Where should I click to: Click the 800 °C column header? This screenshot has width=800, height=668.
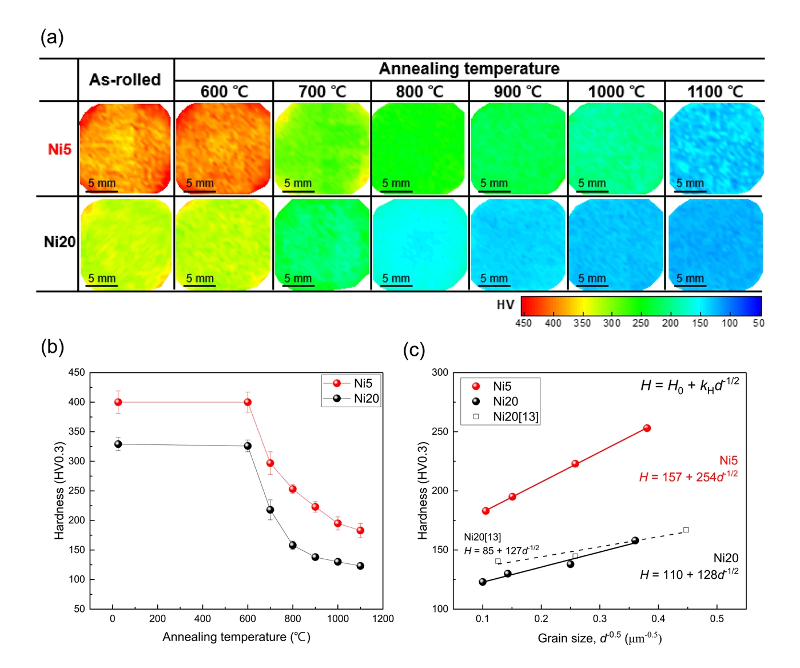click(x=420, y=92)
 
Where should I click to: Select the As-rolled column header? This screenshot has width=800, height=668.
click(x=125, y=79)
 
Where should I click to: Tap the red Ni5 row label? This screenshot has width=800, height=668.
click(x=59, y=149)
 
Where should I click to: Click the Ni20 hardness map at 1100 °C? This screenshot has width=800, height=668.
click(x=715, y=244)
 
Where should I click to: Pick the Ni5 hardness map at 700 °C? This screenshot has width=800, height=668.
click(x=322, y=149)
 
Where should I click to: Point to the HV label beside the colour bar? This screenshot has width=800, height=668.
click(x=506, y=305)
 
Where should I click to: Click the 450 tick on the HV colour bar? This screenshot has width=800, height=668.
click(x=523, y=323)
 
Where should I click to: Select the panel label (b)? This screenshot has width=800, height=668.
click(x=52, y=347)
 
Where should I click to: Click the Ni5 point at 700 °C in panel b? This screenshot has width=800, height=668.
click(x=270, y=463)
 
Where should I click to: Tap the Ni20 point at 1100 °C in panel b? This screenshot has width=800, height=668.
click(x=360, y=566)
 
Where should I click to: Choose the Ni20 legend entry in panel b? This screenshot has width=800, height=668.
click(x=352, y=399)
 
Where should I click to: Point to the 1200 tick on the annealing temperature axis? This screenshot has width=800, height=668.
click(x=383, y=619)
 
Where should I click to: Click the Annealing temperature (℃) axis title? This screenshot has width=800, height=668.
click(x=236, y=637)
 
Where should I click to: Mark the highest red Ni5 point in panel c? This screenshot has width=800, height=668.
click(x=647, y=428)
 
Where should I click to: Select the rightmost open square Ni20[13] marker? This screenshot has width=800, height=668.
click(x=686, y=530)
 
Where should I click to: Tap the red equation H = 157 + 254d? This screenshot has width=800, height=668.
click(x=688, y=477)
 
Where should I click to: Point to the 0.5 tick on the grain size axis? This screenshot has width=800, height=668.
click(x=717, y=619)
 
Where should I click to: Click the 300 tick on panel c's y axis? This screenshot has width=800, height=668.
click(x=440, y=372)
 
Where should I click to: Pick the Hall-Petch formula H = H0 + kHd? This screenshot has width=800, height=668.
click(x=690, y=385)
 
